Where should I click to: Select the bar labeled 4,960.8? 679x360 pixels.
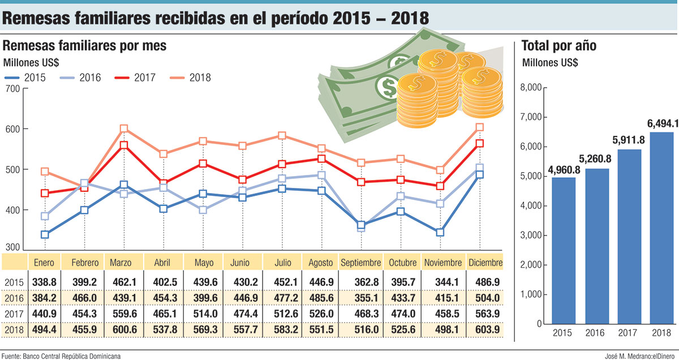click(x=563, y=251)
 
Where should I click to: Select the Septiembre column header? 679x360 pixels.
click(x=361, y=263)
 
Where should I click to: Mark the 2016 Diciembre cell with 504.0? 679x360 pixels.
click(x=485, y=298)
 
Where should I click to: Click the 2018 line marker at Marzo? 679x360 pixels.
click(x=124, y=129)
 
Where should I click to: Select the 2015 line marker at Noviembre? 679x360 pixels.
click(x=440, y=232)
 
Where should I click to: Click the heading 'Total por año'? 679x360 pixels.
click(x=558, y=46)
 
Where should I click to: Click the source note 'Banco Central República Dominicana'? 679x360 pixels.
click(x=72, y=355)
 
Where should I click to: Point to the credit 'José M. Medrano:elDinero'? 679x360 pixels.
click(x=638, y=355)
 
